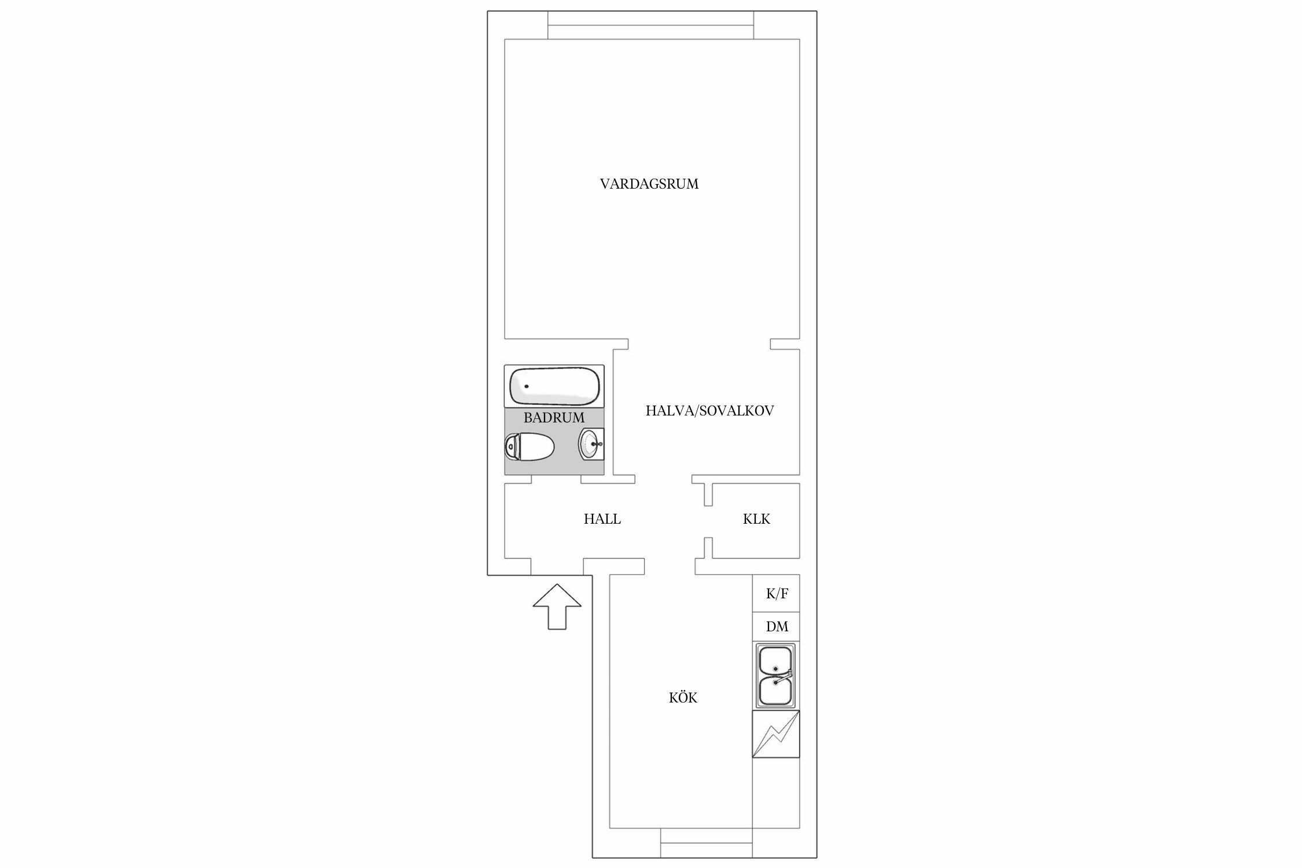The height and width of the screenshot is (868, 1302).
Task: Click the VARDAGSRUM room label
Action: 649,184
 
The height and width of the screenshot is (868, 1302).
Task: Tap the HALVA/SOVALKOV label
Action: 709,411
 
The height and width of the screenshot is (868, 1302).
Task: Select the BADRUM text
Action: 554,417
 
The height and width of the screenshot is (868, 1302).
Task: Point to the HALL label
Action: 602,519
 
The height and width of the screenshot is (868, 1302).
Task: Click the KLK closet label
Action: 756,519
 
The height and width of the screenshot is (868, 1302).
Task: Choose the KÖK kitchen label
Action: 683,697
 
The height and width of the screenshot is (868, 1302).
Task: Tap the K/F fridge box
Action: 776,594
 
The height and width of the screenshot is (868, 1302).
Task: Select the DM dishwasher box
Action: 776,627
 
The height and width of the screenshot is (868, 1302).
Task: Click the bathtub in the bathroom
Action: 554,386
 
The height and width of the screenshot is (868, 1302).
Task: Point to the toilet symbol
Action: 529,446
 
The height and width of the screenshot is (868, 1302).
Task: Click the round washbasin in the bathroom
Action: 591,444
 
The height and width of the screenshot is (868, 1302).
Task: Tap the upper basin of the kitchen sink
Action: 775,660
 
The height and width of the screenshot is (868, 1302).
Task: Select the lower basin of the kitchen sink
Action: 775,692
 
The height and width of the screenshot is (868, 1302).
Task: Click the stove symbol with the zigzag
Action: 776,734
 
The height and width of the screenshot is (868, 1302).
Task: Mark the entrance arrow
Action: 557,606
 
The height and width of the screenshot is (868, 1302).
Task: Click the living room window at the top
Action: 650,25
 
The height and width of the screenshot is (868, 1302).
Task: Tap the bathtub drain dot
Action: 527,386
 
